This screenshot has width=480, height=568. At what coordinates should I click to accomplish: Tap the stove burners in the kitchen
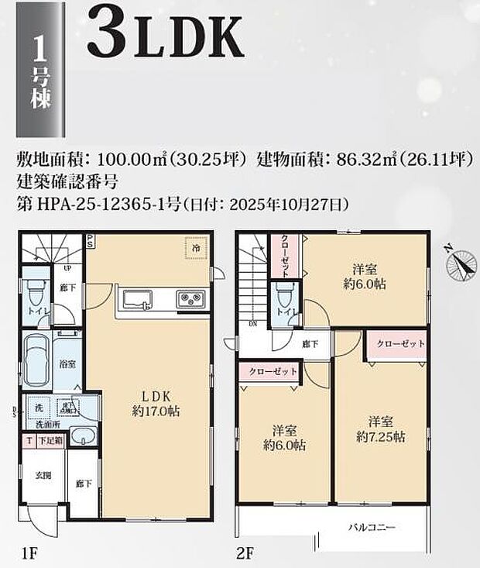point(190,299)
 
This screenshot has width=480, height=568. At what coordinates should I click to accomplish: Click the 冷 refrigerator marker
point(195,249)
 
